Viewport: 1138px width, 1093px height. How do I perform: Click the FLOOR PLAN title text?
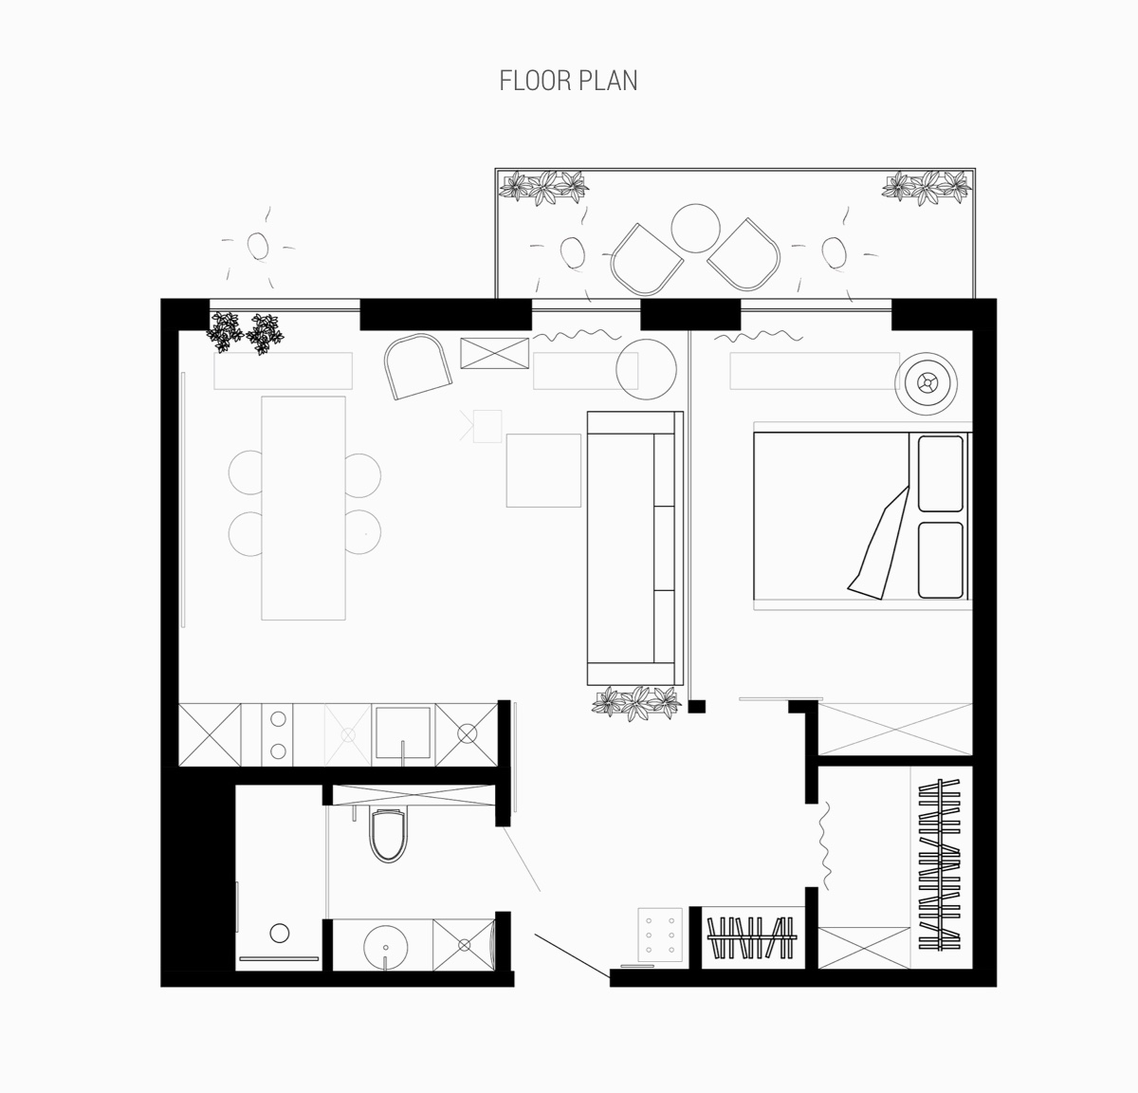pyautogui.click(x=568, y=81)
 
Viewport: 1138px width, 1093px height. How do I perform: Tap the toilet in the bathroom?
pyautogui.click(x=387, y=835)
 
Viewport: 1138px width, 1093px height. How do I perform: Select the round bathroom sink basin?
pyautogui.click(x=385, y=946)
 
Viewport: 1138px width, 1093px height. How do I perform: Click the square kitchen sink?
pyautogui.click(x=402, y=732)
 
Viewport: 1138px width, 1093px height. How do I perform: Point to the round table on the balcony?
pyautogui.click(x=695, y=229)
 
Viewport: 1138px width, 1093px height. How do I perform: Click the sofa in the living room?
pyautogui.click(x=635, y=548)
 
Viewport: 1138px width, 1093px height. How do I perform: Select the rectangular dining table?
pyautogui.click(x=303, y=508)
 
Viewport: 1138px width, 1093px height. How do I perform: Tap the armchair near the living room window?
pyautogui.click(x=417, y=367)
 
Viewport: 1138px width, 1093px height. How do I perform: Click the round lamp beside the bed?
pyautogui.click(x=927, y=384)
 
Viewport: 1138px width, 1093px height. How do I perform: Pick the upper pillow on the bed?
pyautogui.click(x=941, y=474)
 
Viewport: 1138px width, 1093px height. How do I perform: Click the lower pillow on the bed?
pyautogui.click(x=941, y=560)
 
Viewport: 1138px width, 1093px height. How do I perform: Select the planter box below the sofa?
pyautogui.click(x=637, y=703)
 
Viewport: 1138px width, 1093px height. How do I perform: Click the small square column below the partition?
pyautogui.click(x=696, y=706)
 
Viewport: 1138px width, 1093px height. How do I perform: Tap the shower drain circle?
pyautogui.click(x=280, y=934)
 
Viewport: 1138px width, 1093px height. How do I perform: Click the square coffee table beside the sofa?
pyautogui.click(x=543, y=471)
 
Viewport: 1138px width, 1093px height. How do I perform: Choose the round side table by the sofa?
pyautogui.click(x=646, y=369)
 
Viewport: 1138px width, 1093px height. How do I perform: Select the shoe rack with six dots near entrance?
pyautogui.click(x=660, y=935)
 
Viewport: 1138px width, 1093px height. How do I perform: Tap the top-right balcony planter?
pyautogui.click(x=927, y=188)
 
